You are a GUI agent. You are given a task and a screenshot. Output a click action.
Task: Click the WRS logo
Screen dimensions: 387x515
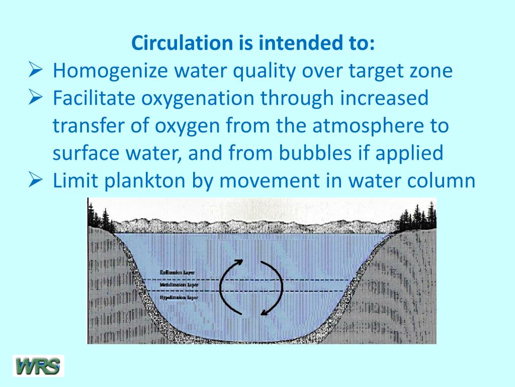click(x=38, y=365)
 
